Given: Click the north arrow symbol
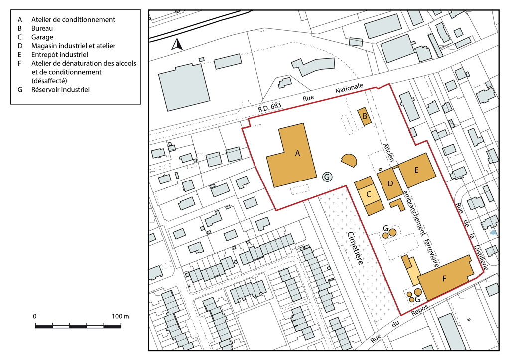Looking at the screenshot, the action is coord(177,44).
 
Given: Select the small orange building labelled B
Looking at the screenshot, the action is coord(365,117).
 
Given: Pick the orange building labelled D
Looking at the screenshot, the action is coord(390,184).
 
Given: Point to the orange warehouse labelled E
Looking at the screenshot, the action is coord(417,170).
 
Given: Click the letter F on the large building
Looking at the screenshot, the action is coord(444,278).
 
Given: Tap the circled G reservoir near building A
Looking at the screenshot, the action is coord(327,177).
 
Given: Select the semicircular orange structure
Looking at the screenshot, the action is coord(350,160).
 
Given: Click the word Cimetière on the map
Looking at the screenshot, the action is coord(355,248).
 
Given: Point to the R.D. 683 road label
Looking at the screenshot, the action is coord(269,107).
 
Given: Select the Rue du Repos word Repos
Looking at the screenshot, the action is coord(419,310).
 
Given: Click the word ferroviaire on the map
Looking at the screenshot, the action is coord(432,253).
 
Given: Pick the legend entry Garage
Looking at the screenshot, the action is coord(42,37).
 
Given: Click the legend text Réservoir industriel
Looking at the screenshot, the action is coord(60,90).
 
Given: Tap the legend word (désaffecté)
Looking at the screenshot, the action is coord(49,81).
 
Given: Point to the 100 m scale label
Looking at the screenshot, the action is coord(121,316).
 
